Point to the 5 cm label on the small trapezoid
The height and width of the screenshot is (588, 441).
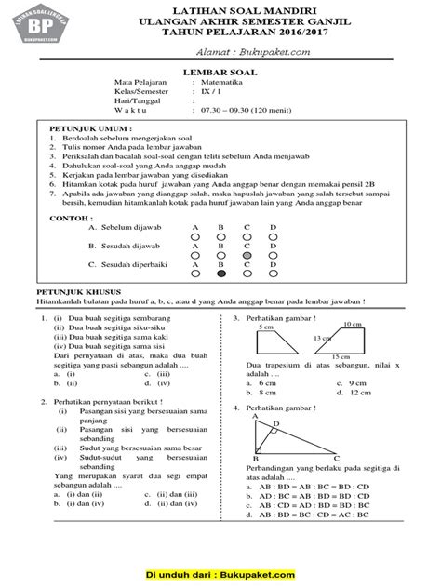click(x=267, y=327)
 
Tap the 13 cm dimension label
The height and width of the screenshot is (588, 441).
click(x=321, y=339)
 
